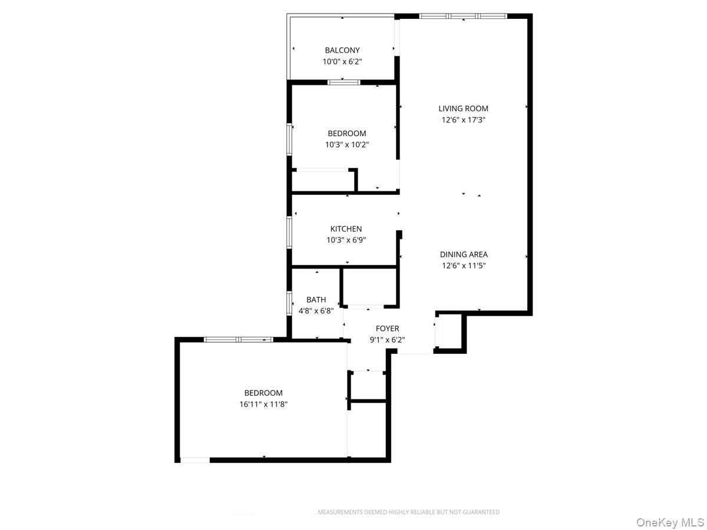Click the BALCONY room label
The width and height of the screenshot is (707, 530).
tap(342, 51)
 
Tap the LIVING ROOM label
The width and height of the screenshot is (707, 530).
tap(463, 108)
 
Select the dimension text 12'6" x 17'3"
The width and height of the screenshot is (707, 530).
tap(463, 120)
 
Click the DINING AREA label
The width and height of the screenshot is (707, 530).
tap(464, 254)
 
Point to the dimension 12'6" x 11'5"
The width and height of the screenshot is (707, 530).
tap(464, 266)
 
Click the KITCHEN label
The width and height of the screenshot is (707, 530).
tap(346, 229)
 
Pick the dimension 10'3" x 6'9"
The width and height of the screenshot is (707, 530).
tap(346, 240)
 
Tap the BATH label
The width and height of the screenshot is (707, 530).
tap(316, 300)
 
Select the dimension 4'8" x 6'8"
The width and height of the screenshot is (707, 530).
tap(316, 311)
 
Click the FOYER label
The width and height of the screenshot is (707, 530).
tap(388, 329)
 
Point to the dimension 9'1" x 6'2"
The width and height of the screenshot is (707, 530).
tap(388, 340)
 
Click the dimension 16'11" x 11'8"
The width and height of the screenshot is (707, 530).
tap(263, 405)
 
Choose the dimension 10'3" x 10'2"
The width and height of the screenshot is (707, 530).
tap(347, 144)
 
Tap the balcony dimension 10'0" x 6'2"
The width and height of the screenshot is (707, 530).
tap(342, 61)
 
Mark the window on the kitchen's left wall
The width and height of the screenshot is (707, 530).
tap(289, 231)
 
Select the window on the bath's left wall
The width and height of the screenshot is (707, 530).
tap(289, 303)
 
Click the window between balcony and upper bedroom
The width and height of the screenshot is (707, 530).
tap(343, 82)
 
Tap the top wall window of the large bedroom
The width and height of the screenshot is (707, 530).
tap(238, 339)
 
